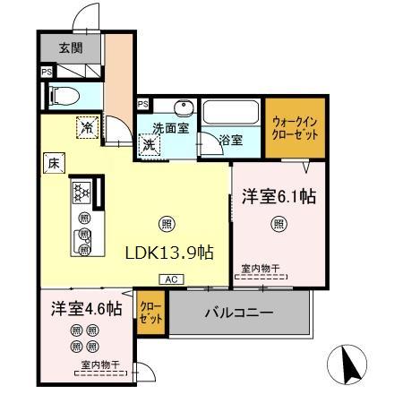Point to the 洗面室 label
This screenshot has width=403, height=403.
(168, 128)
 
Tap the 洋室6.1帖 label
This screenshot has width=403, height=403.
(279, 195)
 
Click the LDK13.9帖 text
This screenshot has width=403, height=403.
(168, 252)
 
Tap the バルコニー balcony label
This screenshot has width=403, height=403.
(239, 313)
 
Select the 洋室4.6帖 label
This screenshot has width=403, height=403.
(86, 309)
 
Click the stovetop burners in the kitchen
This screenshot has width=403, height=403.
(82, 193)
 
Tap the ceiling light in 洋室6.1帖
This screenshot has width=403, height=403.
(279, 224)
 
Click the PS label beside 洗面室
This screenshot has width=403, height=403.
(142, 105)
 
